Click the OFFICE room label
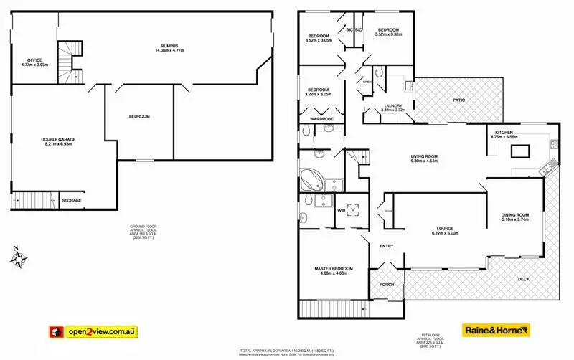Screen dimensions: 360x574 coord(35,60)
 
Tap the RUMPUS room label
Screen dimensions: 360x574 coord(169,47)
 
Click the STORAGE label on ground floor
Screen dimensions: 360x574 coord(71,200)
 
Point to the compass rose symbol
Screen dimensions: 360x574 coord(21,257)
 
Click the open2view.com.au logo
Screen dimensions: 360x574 coord(94,331)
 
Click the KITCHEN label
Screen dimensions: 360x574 coord(503,133)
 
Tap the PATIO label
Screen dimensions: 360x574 coord(458,100)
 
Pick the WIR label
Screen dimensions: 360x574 coord(341,210)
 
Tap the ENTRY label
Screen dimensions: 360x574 coord(387,246)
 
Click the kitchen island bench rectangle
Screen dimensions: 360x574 coord(519,151)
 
